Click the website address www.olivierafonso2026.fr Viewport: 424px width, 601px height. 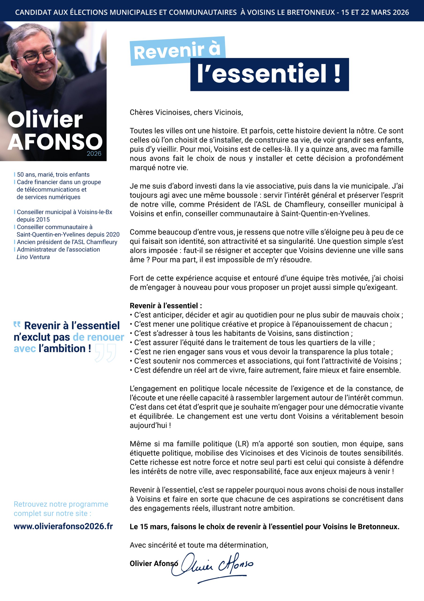[63, 526]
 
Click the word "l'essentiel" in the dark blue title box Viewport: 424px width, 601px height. [261, 74]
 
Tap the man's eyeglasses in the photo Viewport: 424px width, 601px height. [37, 56]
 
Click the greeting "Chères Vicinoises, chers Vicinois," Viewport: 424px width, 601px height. [186, 112]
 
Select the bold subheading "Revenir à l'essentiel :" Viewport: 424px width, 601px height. [166, 305]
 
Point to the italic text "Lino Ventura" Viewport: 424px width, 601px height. [33, 257]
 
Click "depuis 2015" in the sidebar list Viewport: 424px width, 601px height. [33, 219]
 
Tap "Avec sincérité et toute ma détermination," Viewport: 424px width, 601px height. [199, 545]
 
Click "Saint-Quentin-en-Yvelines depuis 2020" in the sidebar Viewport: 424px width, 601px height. [68, 234]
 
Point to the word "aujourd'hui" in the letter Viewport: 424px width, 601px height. [149, 425]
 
